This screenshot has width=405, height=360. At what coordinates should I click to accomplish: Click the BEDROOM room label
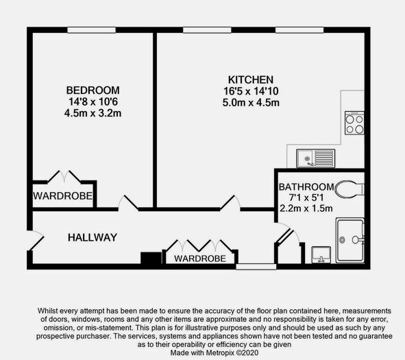(93, 91)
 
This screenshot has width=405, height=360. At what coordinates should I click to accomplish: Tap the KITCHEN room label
(251, 80)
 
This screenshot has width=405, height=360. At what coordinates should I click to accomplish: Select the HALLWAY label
(93, 237)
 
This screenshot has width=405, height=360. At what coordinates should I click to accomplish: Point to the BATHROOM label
(306, 187)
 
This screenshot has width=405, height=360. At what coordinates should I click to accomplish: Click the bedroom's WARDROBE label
(63, 196)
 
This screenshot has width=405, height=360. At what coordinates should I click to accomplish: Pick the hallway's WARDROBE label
(200, 259)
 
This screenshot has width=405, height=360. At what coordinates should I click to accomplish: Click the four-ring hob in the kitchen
(354, 123)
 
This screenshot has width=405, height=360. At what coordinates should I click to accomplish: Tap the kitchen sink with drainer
(316, 158)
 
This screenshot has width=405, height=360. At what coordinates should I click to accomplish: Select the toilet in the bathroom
(349, 189)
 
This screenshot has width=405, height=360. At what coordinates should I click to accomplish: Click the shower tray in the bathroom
(350, 241)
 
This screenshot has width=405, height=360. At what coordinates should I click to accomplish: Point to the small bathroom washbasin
(321, 255)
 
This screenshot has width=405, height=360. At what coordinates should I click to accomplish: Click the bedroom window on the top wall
(91, 30)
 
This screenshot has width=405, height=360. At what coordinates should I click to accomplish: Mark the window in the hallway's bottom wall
(256, 267)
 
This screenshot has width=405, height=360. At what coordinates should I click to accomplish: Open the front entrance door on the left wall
(36, 241)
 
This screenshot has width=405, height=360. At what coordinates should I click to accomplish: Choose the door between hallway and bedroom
(128, 202)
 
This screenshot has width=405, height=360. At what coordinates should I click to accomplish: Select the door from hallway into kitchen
(230, 202)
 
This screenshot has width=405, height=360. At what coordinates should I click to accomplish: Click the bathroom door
(286, 234)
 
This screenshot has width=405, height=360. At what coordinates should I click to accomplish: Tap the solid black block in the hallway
(151, 258)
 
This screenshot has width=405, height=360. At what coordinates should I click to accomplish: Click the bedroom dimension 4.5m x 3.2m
(93, 113)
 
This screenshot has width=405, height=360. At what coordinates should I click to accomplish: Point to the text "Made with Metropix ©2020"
(214, 352)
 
